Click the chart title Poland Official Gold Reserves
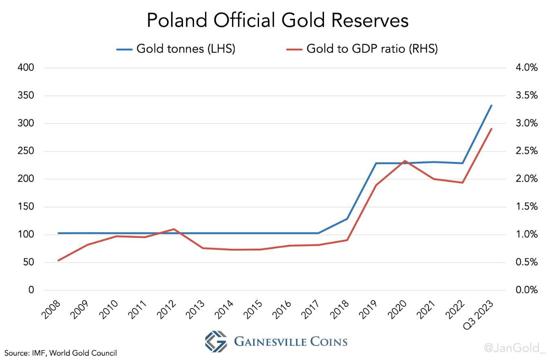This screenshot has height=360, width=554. [277, 20]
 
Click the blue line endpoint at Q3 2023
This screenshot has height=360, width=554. [491, 105]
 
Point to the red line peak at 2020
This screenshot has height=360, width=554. [404, 161]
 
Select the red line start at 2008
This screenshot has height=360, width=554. [59, 260]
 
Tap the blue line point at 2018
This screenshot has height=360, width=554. [347, 219]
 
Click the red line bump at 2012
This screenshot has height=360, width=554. [174, 229]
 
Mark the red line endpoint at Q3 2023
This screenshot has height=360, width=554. [491, 129]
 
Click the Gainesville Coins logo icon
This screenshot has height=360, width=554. [215, 341]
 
